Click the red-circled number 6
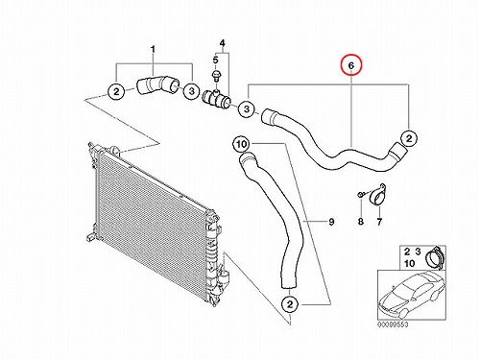coord(351,65)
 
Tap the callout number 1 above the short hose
coord(153,50)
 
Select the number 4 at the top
coord(223,42)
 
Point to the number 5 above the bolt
coord(215,60)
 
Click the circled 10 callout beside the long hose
coord(242,144)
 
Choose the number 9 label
coord(331,222)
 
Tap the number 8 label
coord(361,221)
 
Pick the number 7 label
coord(379,221)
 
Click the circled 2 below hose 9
coord(290,304)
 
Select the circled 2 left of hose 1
coord(116,91)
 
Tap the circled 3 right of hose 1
coord(191,91)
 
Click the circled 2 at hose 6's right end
coord(409,139)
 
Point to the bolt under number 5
coord(216,76)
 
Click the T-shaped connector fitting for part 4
coord(217,99)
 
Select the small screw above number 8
coord(360,194)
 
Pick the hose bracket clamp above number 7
coord(376,194)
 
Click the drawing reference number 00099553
coord(393,324)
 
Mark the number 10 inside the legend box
coord(410,263)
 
